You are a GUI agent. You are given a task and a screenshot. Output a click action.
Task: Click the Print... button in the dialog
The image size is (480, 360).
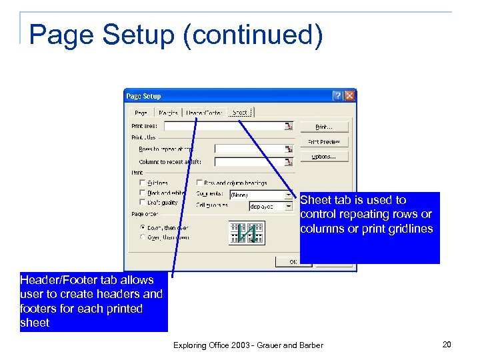click(325, 126)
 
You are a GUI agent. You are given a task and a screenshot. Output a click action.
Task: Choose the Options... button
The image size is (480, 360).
click(325, 157)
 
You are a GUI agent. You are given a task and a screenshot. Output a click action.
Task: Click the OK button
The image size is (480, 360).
click(293, 262)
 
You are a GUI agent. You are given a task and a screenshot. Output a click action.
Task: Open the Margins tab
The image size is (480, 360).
click(168, 112)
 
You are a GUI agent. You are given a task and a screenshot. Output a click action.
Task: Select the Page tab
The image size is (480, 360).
click(141, 112)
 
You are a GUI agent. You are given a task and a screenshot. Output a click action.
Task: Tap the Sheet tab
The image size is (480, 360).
click(239, 112)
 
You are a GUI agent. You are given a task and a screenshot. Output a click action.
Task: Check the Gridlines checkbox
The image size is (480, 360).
click(142, 183)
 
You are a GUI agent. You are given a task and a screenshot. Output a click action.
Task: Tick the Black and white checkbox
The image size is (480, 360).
click(142, 193)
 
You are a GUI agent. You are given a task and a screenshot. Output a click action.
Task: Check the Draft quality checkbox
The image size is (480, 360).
click(142, 202)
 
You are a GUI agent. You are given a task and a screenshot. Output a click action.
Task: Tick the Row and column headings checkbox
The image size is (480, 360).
click(200, 183)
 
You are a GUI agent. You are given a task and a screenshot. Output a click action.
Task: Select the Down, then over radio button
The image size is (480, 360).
click(142, 227)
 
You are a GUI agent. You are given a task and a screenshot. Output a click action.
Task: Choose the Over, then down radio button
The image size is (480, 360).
click(142, 237)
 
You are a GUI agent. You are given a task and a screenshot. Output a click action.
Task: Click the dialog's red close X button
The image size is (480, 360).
click(349, 96)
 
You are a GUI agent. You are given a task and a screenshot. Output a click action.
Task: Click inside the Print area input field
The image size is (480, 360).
click(223, 125)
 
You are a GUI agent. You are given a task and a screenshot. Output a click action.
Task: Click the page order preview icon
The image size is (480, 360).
click(246, 233)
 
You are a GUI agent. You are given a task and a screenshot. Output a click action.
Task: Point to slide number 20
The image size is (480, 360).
click(447, 344)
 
